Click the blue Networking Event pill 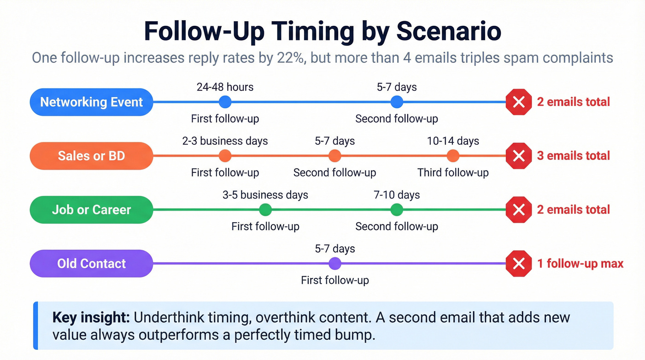point(91,102)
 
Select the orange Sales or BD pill point(91,156)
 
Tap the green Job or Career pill point(91,210)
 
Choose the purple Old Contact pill point(91,264)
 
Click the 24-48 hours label point(225,87)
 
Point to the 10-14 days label point(453,141)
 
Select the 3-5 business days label point(265,195)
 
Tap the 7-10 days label point(397,195)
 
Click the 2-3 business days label point(225,141)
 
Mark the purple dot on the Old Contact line point(335,264)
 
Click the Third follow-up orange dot point(453,156)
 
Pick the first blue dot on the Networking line point(225,102)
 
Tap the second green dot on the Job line point(397,210)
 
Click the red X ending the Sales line point(519,156)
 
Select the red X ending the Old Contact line point(519,264)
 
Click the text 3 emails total point(573,156)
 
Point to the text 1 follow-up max point(580,264)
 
